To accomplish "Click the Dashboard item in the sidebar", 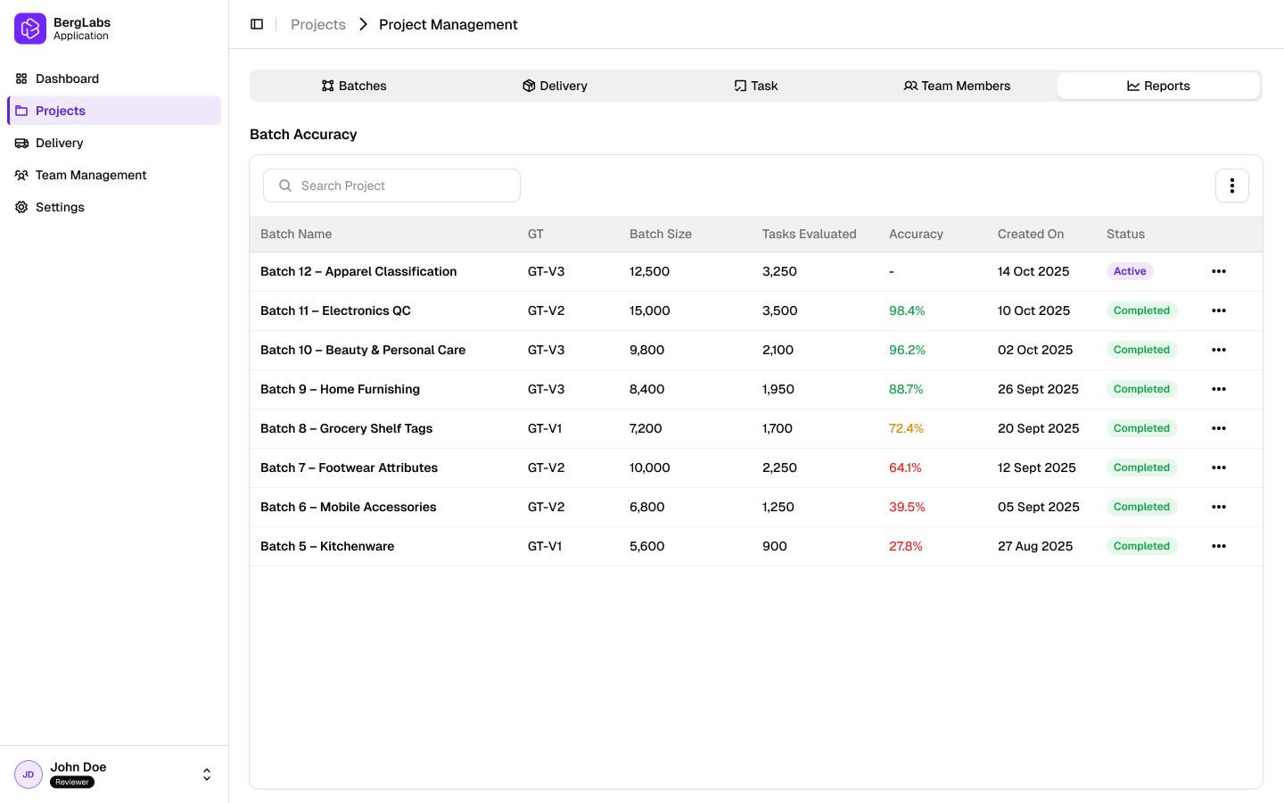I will [67, 79].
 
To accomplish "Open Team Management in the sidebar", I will [91, 175].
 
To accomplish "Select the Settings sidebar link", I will [60, 207].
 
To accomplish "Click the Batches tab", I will [354, 86].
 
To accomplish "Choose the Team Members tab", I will [957, 86].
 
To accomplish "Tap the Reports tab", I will [1158, 86].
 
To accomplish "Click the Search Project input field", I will [392, 186].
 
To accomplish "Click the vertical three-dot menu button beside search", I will [1231, 186].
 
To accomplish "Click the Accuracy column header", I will [916, 234].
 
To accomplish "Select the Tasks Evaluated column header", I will [809, 234].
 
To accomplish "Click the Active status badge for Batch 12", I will [1130, 271].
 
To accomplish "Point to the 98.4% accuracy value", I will [907, 310].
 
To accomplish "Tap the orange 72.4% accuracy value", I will [906, 428].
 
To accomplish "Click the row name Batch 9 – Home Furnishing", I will [340, 389].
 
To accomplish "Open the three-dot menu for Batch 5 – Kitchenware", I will [1219, 546].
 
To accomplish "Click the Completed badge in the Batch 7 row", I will [1141, 468].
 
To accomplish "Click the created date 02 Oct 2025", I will [1035, 350].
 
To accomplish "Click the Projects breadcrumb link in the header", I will [318, 25].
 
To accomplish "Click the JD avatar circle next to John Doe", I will [29, 774].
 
